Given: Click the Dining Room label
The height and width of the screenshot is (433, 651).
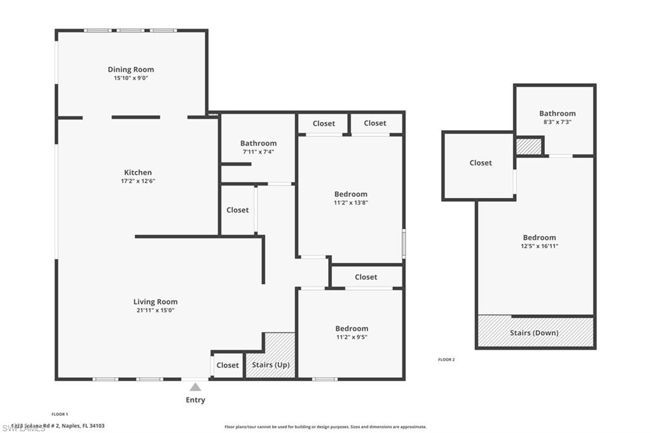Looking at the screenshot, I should [x=131, y=69].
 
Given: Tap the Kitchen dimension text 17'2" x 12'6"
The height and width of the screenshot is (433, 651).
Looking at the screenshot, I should [x=138, y=181].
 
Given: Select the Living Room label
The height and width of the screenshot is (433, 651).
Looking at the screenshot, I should [x=155, y=302].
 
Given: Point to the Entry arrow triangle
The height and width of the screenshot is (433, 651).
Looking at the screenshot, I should [x=195, y=386].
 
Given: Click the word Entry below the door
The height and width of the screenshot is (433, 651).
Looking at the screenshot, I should [x=195, y=400].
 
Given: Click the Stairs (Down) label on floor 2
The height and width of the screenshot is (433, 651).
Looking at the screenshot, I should [x=534, y=333].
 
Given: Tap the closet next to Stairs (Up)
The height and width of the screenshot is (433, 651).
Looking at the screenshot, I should [x=228, y=365].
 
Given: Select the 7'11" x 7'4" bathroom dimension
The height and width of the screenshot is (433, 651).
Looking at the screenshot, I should [x=258, y=152].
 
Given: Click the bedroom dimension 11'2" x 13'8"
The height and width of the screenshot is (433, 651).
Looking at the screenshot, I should [x=350, y=203].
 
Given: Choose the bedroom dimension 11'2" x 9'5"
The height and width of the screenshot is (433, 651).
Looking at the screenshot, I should [x=352, y=337].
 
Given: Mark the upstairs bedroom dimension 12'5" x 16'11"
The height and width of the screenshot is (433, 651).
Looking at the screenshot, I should [x=539, y=246].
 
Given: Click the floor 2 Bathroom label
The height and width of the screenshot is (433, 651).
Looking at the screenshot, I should [x=557, y=113].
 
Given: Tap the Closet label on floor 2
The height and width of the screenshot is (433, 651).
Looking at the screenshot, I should [x=481, y=163].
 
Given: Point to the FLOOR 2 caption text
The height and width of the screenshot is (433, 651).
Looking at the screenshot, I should [x=446, y=359].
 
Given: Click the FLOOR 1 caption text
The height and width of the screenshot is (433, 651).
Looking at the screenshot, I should [x=60, y=414].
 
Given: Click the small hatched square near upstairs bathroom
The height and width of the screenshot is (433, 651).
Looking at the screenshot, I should [x=528, y=146].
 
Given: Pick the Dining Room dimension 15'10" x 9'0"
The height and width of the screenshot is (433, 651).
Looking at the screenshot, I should [x=131, y=78].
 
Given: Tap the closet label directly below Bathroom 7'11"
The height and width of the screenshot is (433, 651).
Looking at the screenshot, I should [x=237, y=210].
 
